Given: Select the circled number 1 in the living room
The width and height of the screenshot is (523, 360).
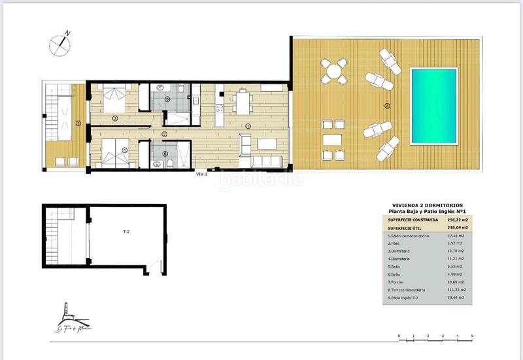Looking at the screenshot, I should tap(247, 125).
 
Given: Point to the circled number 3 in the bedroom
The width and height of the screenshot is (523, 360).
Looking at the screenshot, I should tap(114, 118).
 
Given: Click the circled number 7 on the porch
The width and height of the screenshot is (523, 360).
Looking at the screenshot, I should tap(77, 123).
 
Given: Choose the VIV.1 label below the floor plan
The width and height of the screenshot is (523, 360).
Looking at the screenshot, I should tap(201, 174).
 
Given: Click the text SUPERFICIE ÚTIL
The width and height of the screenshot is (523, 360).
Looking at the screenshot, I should tap(405, 227).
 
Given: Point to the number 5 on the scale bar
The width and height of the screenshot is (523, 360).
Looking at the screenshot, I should tap(472, 336).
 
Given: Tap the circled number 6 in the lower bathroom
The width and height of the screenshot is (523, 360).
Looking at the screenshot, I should tap(165, 154).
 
